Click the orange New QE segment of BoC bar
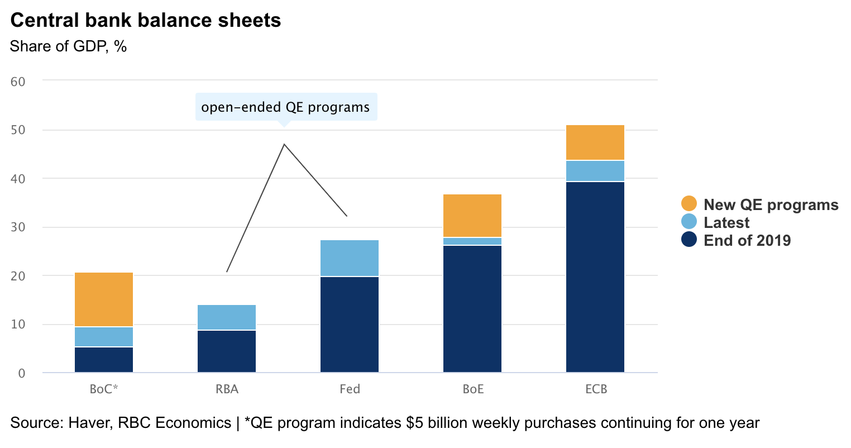pos(104,299)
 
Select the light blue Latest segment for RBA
pos(227,317)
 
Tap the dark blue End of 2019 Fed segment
pos(350,324)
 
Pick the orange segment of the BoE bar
pos(472,216)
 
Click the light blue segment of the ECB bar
pos(595,171)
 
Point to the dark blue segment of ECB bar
pos(595,277)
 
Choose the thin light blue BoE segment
pos(472,241)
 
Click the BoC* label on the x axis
pos(104,389)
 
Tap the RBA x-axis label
pos(227,389)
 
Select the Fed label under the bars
pos(350,389)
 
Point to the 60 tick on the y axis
pos(18,82)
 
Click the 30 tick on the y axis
pos(18,227)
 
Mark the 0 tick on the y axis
pos(22,373)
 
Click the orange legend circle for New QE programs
pos(689,204)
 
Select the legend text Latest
pos(726,222)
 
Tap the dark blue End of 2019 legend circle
pos(689,240)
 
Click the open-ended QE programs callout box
pos(286,107)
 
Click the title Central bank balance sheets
pos(146,21)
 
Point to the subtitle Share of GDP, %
pos(68,46)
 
